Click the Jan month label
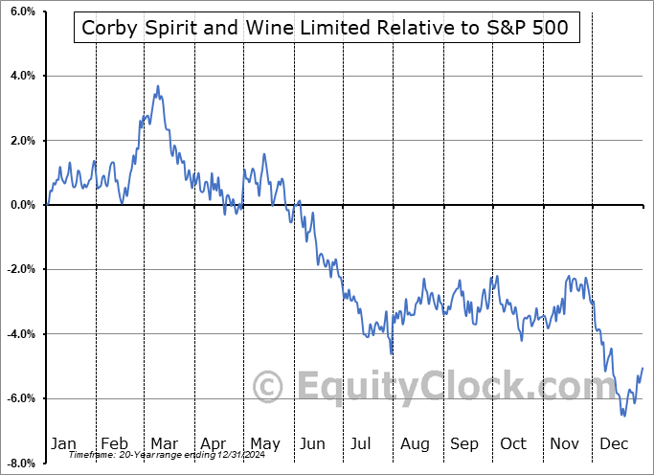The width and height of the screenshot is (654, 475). click(x=63, y=443)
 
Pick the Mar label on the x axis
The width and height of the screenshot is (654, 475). click(x=163, y=443)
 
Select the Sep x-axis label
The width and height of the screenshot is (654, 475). click(x=464, y=443)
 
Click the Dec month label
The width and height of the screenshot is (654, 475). click(x=614, y=443)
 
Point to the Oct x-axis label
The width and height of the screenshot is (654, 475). click(x=513, y=443)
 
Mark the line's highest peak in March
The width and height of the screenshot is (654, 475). click(x=158, y=86)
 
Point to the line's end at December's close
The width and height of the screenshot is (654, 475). click(x=642, y=369)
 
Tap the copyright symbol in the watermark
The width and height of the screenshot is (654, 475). click(x=268, y=388)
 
